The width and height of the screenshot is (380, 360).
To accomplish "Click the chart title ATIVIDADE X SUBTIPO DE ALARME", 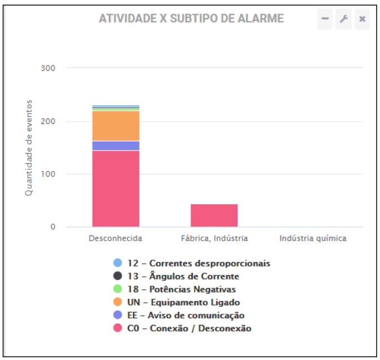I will click(191, 19).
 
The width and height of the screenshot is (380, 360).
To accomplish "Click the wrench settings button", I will click(343, 19).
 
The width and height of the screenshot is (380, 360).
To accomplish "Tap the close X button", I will click(362, 19).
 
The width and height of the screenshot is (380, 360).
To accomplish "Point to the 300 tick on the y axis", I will click(48, 68).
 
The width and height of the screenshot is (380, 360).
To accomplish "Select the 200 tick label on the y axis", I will click(48, 121).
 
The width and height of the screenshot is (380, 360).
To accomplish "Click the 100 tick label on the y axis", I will click(48, 174).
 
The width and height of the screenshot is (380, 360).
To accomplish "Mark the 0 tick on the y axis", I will click(53, 227).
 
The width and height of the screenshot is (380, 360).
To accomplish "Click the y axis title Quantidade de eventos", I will click(29, 148).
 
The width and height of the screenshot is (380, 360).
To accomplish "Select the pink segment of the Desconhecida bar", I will click(115, 188).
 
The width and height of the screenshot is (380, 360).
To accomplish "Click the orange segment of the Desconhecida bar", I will click(115, 126).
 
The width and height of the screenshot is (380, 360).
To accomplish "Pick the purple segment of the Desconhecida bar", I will click(115, 145).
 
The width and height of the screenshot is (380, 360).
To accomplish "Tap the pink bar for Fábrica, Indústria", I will click(214, 216).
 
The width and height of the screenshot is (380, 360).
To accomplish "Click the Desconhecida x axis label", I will click(115, 238).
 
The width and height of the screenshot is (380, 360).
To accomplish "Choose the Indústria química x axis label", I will click(313, 238).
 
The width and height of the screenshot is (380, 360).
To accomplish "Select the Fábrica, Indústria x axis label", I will click(214, 238).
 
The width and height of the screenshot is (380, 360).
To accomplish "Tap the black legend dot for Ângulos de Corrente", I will click(118, 276).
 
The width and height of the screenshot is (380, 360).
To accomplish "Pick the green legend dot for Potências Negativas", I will click(118, 289).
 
